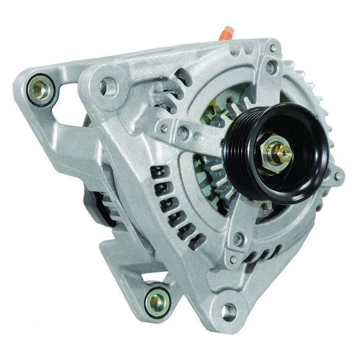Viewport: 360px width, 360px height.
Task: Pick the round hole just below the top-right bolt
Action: click(269, 67)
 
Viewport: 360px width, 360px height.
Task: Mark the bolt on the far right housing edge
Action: click(338, 177)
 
